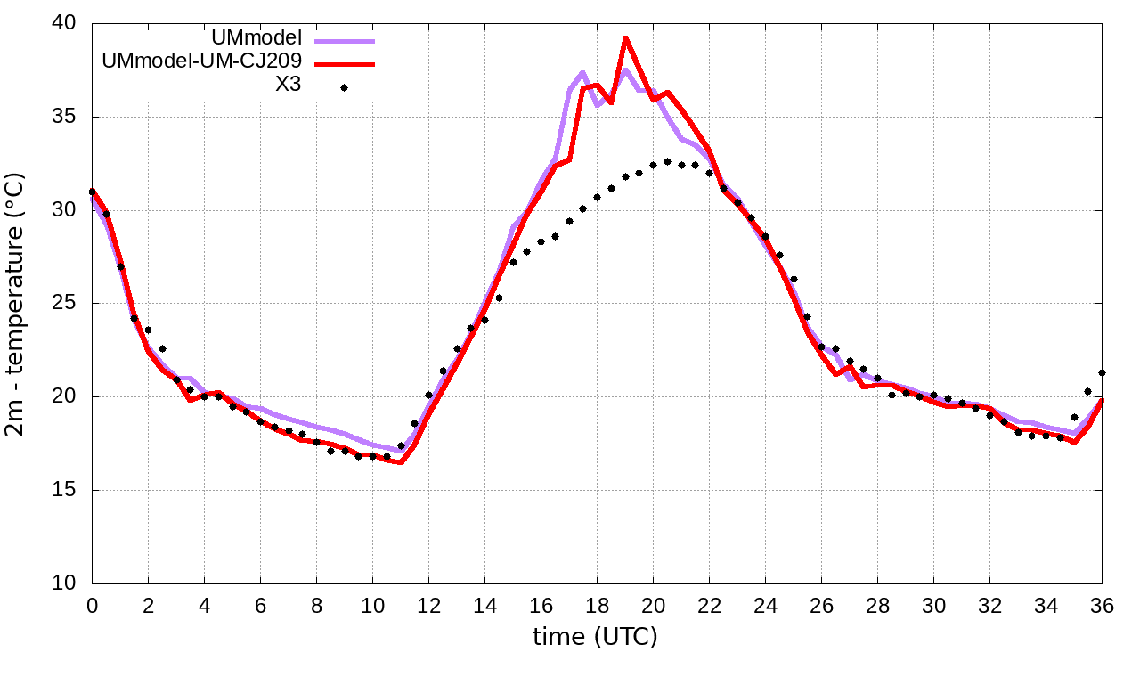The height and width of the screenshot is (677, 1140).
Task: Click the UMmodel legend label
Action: [256, 38]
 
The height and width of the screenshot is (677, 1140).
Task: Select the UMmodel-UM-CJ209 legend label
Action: [202, 61]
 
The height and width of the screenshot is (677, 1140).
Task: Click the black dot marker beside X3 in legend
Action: [344, 87]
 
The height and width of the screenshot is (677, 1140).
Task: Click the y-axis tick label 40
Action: [63, 24]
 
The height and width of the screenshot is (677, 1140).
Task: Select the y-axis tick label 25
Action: [63, 304]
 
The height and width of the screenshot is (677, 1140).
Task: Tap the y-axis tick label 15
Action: [63, 491]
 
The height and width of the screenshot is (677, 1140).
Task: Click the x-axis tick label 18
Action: [597, 606]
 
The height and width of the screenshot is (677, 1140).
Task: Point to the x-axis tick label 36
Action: [1102, 606]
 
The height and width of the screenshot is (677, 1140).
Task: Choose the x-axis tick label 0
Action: [92, 606]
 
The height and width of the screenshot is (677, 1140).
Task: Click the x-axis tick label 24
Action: [765, 606]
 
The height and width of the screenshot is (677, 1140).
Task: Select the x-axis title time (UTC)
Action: [595, 637]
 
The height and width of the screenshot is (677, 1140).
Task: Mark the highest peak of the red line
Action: [625, 37]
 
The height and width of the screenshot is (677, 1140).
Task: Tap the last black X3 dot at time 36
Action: [1102, 372]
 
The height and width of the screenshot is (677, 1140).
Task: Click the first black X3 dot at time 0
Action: [92, 192]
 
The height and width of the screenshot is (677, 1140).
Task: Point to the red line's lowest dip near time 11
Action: [401, 462]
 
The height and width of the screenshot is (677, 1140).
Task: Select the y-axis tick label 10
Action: [63, 583]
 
